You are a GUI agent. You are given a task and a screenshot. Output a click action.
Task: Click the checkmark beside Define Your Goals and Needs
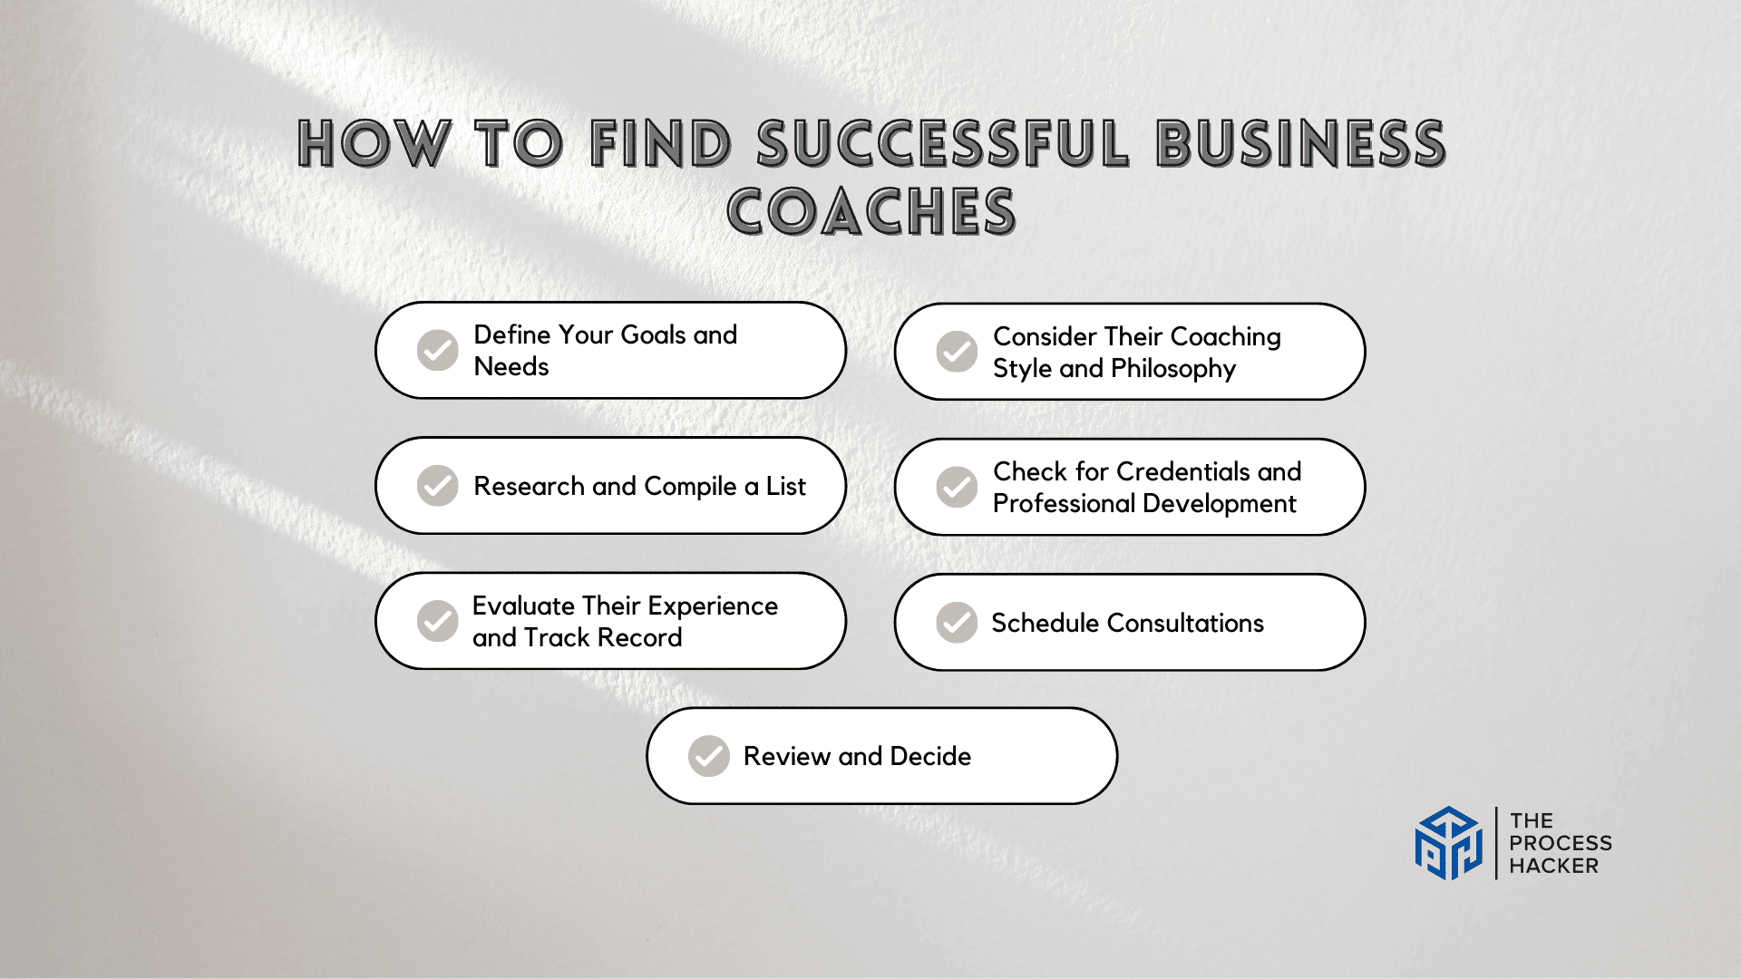click(x=437, y=350)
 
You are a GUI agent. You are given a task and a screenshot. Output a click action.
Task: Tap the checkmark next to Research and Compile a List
click(x=437, y=486)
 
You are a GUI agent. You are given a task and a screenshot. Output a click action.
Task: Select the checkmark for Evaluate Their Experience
click(x=437, y=621)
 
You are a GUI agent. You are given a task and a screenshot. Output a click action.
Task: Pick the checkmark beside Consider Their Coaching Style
click(x=957, y=352)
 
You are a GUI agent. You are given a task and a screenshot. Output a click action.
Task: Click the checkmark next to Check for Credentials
click(x=957, y=487)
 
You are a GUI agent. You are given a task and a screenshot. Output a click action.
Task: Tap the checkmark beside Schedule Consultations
click(x=957, y=623)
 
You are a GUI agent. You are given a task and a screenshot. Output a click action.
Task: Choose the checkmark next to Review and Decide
click(x=709, y=756)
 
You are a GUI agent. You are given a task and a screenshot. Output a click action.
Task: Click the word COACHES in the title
click(x=871, y=212)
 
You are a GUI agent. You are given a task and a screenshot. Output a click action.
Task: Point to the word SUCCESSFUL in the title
click(x=943, y=145)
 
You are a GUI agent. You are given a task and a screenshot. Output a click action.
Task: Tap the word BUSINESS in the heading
click(x=1300, y=145)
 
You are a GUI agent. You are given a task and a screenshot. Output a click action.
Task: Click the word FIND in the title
click(x=660, y=145)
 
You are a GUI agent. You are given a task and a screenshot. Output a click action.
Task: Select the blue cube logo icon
click(x=1449, y=843)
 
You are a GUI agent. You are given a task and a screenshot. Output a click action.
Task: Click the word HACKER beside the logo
click(x=1553, y=867)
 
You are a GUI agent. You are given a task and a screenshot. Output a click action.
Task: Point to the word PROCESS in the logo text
click(x=1561, y=843)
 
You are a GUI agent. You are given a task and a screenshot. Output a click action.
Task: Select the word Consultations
click(x=1185, y=624)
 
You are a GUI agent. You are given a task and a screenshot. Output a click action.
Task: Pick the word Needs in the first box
click(x=511, y=367)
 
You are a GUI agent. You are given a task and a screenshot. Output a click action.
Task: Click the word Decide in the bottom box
click(x=930, y=756)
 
